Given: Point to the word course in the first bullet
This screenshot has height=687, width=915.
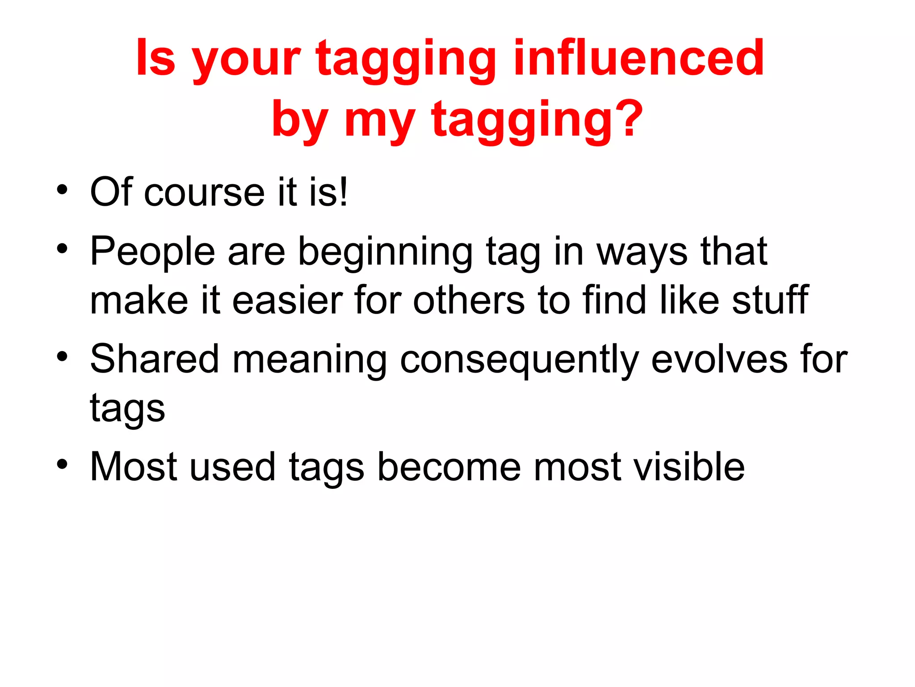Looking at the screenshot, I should coord(204,193).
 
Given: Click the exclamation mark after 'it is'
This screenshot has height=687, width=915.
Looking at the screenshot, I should coord(343,191).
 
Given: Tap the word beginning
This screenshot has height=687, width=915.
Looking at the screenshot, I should coord(385,253).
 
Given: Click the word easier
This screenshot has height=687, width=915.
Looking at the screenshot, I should coord(287,300).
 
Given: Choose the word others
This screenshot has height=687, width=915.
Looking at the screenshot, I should coord(469,300).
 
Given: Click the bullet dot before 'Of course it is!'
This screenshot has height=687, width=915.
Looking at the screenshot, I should coord(63,190).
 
